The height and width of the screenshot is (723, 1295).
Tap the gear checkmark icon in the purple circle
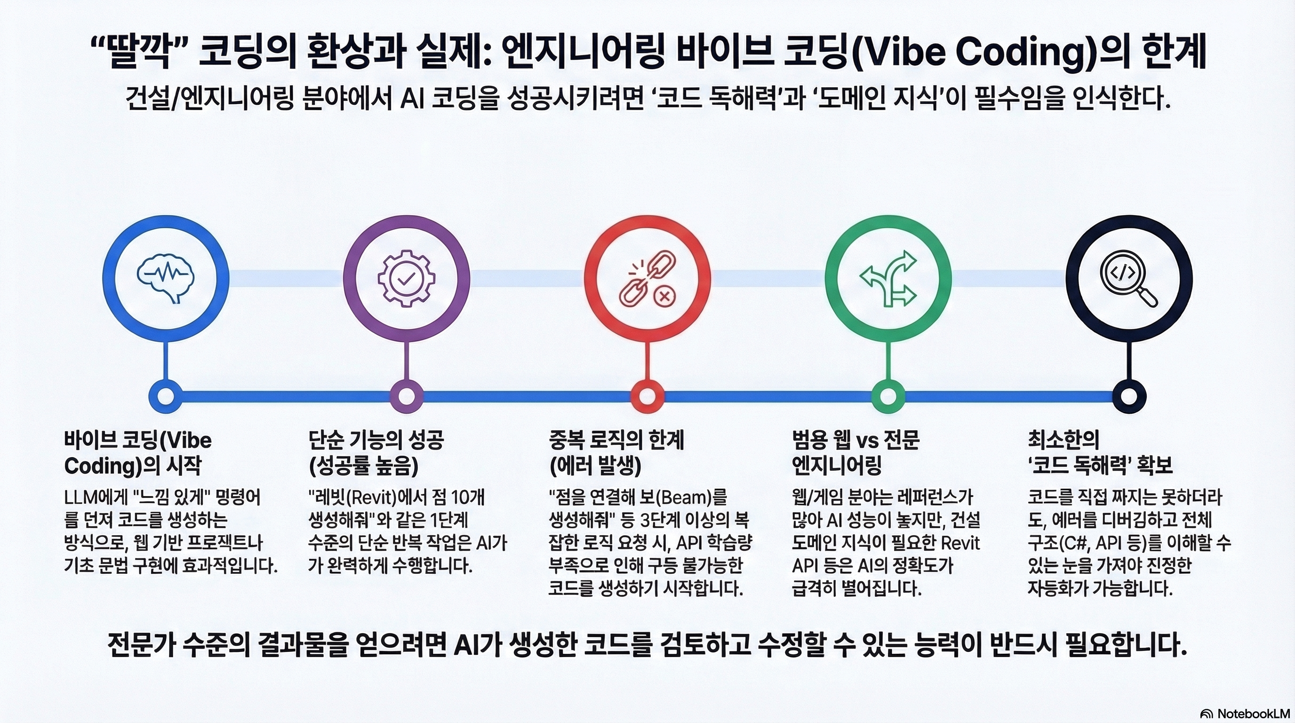406,280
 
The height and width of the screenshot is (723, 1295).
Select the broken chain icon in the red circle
647,280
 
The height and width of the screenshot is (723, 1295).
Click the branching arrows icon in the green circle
888,279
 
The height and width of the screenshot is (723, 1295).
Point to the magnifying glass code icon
1129,279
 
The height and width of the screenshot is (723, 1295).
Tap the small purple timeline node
406,396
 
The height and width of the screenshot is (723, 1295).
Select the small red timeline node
647,396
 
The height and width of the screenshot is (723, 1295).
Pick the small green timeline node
888,396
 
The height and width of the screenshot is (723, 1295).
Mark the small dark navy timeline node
1129,396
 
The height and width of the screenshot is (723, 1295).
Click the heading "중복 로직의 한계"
617,441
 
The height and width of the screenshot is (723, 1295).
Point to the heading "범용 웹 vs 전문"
855,441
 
